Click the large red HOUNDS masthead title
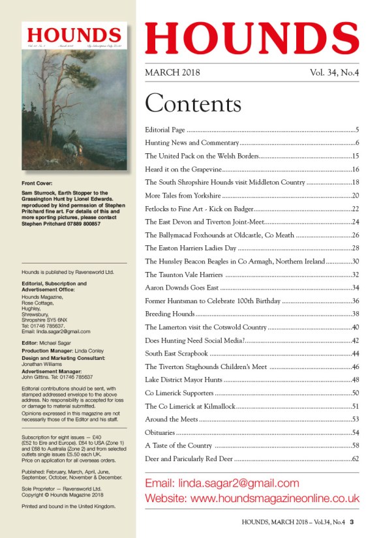252,37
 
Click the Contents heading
193,104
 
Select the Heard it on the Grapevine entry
186,170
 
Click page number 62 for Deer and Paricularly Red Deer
356,459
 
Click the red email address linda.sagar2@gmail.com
222,483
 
